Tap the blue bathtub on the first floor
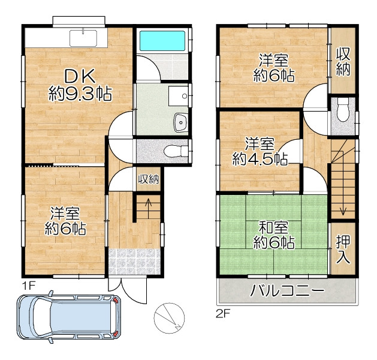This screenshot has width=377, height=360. point(162,41)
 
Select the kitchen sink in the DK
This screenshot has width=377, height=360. point(83,38)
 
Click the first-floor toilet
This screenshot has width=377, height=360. point(176,151)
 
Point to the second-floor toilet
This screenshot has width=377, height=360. point(343,110)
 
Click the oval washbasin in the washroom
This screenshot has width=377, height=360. point(181,122)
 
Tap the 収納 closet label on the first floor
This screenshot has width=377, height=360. point(149,179)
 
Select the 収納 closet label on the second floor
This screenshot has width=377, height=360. point(343,61)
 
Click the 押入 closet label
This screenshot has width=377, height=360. point(343,249)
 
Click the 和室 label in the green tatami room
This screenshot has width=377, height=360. point(274,228)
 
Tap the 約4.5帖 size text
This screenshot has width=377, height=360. point(260,159)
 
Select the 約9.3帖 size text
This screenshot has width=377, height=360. point(80,94)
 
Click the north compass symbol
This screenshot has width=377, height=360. point(169,318)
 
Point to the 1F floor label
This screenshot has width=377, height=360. point(29,286)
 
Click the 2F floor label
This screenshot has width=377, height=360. point(224,314)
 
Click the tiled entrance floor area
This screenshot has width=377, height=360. point(134,262)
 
